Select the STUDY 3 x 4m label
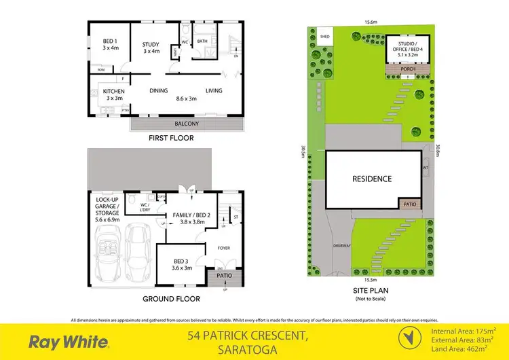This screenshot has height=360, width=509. click(150, 48)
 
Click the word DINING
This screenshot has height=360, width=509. click(159, 90)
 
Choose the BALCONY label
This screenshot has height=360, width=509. click(186, 124)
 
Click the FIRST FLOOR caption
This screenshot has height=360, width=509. click(170, 138)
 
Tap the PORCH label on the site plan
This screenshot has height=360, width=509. click(407, 69)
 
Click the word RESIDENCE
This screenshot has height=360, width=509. click(371, 179)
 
